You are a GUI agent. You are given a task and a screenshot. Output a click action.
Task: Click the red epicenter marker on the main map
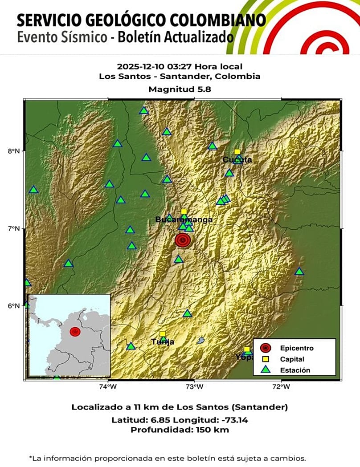tap(182, 240)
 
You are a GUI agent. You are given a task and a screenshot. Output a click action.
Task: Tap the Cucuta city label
tap(237, 160)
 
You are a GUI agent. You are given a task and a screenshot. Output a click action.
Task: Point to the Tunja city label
tap(163, 342)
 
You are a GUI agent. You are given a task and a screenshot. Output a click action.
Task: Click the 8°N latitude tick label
tap(15, 151)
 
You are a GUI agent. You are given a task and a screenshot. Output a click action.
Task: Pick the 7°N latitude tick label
tap(15, 229)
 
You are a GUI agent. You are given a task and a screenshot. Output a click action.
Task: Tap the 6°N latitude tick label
tap(15, 306)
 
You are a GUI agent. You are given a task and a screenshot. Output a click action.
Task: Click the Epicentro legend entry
tap(297, 348)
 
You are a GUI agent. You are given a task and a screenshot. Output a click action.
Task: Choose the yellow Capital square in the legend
tap(266, 359)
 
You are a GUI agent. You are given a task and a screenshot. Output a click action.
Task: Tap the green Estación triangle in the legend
tap(266, 370)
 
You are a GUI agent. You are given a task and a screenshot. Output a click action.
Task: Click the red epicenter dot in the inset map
tap(75, 332)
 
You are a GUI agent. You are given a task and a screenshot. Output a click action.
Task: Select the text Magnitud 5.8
tap(180, 89)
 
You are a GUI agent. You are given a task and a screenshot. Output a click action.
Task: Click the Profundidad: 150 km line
tap(180, 430)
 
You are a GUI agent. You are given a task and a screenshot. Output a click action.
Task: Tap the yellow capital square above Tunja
tap(163, 334)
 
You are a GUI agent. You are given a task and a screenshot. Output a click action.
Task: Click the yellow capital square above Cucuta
tap(237, 152)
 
